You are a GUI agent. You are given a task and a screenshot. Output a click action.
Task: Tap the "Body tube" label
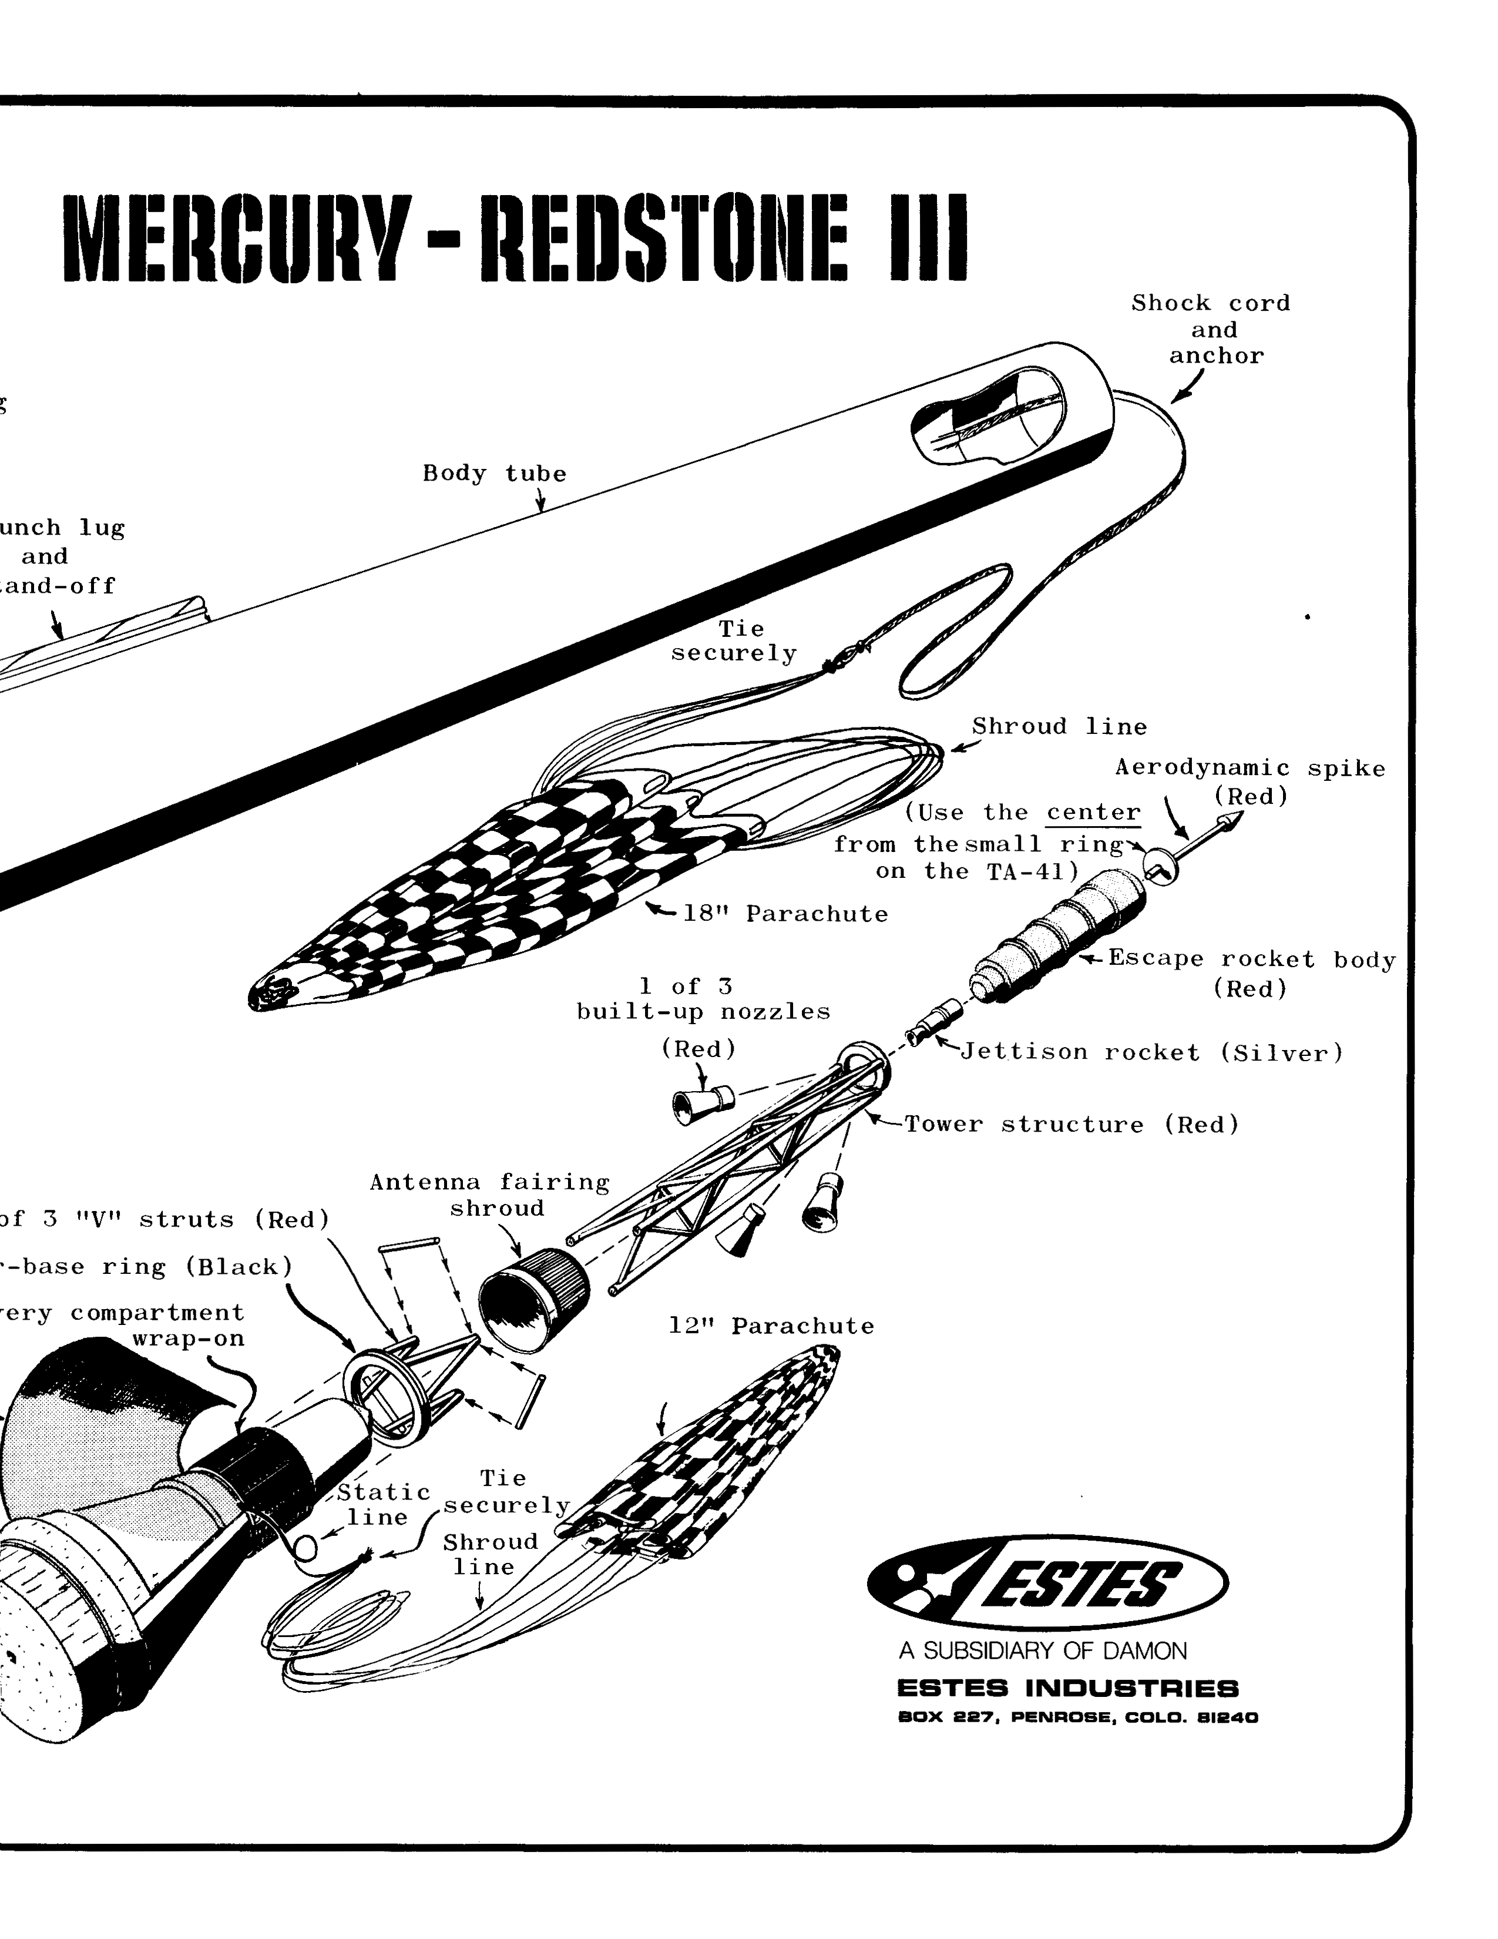tap(494, 473)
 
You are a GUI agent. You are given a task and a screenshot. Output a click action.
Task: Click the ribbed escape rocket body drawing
tap(1056, 937)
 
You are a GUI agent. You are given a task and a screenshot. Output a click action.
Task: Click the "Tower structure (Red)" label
tap(1071, 1125)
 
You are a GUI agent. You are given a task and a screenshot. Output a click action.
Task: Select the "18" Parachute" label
tap(784, 914)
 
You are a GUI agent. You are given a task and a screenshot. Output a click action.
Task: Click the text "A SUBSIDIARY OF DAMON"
tap(1043, 1651)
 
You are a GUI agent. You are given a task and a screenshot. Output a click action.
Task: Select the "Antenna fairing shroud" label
tap(490, 1195)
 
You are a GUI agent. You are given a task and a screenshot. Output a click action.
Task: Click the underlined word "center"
tap(1093, 813)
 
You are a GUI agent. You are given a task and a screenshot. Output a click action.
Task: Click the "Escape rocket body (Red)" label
tap(1251, 973)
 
